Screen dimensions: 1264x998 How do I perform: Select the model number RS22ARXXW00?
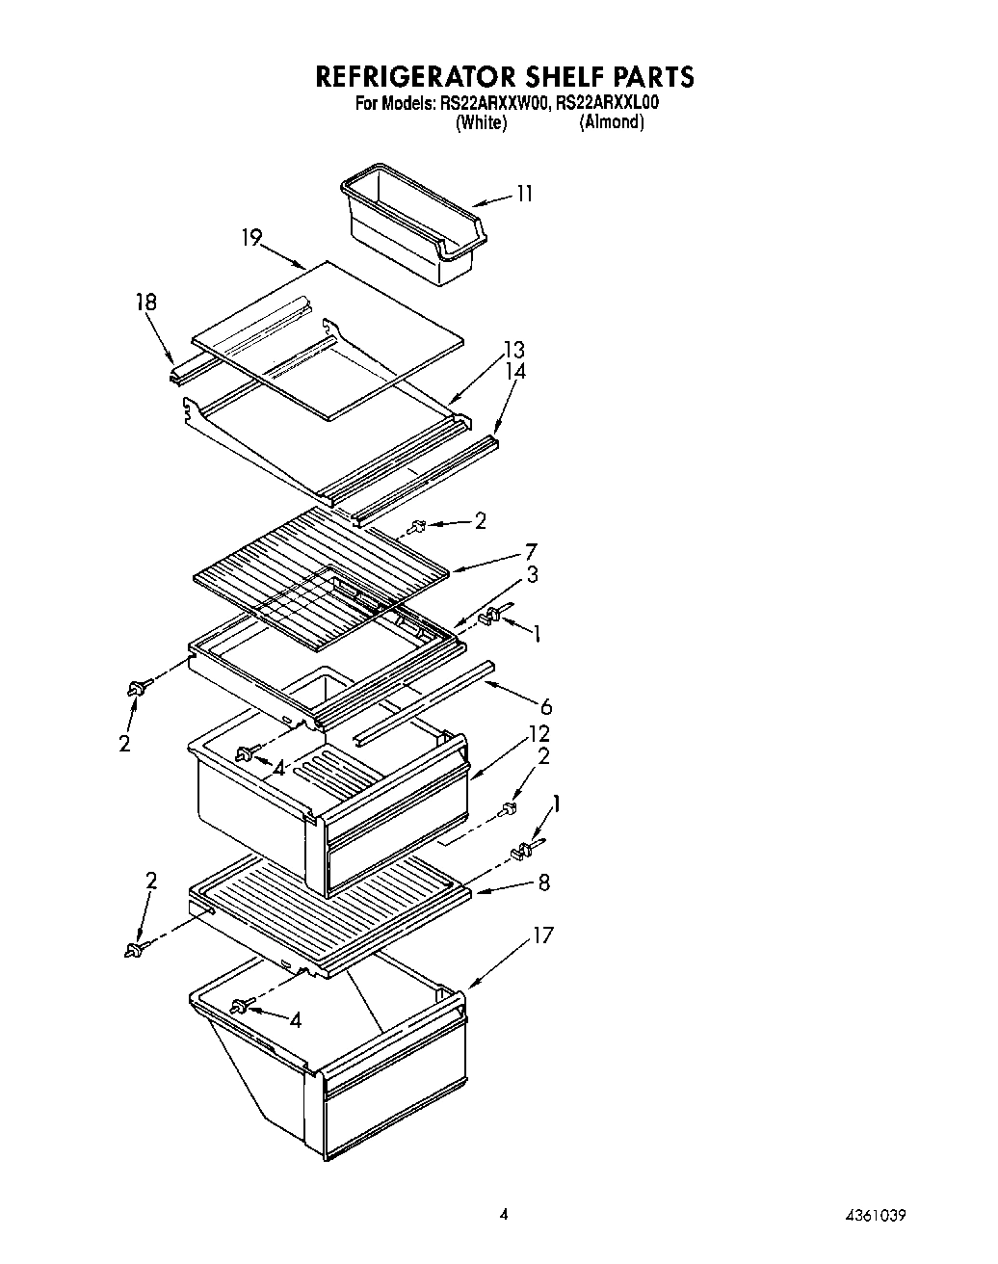tap(483, 103)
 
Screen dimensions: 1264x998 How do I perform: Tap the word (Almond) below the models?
tap(611, 122)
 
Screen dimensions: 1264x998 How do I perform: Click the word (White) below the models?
tap(481, 122)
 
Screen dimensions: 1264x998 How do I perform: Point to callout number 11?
tap(523, 194)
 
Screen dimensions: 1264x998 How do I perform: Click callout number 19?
tap(251, 237)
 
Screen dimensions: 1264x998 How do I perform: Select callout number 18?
tap(145, 303)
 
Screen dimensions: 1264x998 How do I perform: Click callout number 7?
tap(531, 552)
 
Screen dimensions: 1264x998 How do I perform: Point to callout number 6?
tap(545, 707)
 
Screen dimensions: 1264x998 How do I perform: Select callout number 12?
tap(538, 735)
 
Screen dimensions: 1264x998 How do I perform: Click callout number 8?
tap(543, 881)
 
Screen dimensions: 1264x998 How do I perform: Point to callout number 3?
tap(532, 574)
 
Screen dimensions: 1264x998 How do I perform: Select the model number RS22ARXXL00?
tap(604, 103)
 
